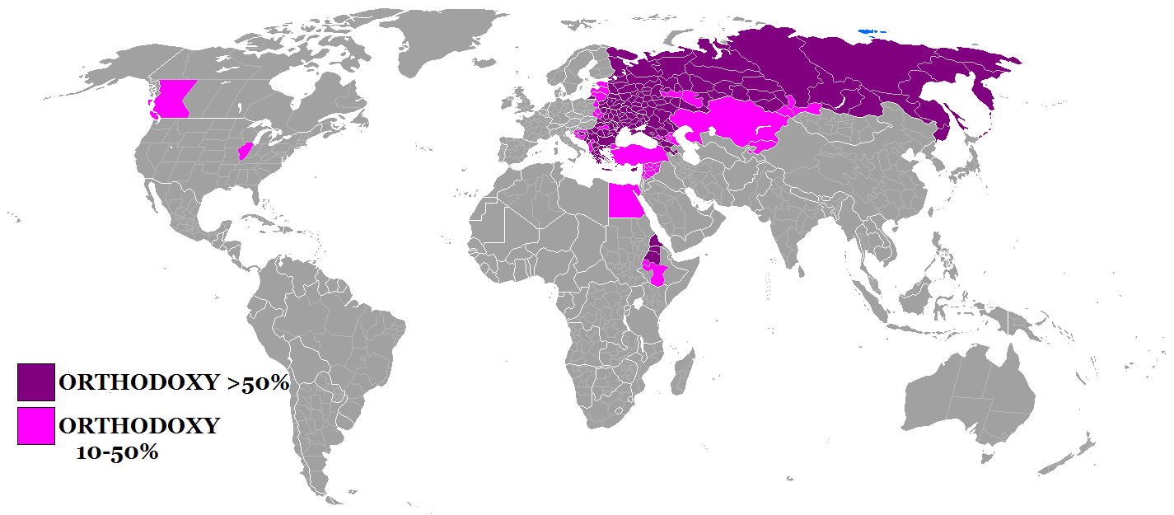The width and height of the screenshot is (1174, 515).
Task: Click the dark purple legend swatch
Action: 36,382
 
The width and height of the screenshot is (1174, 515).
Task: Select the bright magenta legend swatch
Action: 36,426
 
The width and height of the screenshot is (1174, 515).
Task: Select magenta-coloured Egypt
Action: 625,200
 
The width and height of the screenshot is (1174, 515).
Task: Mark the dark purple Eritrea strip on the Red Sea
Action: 653,246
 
